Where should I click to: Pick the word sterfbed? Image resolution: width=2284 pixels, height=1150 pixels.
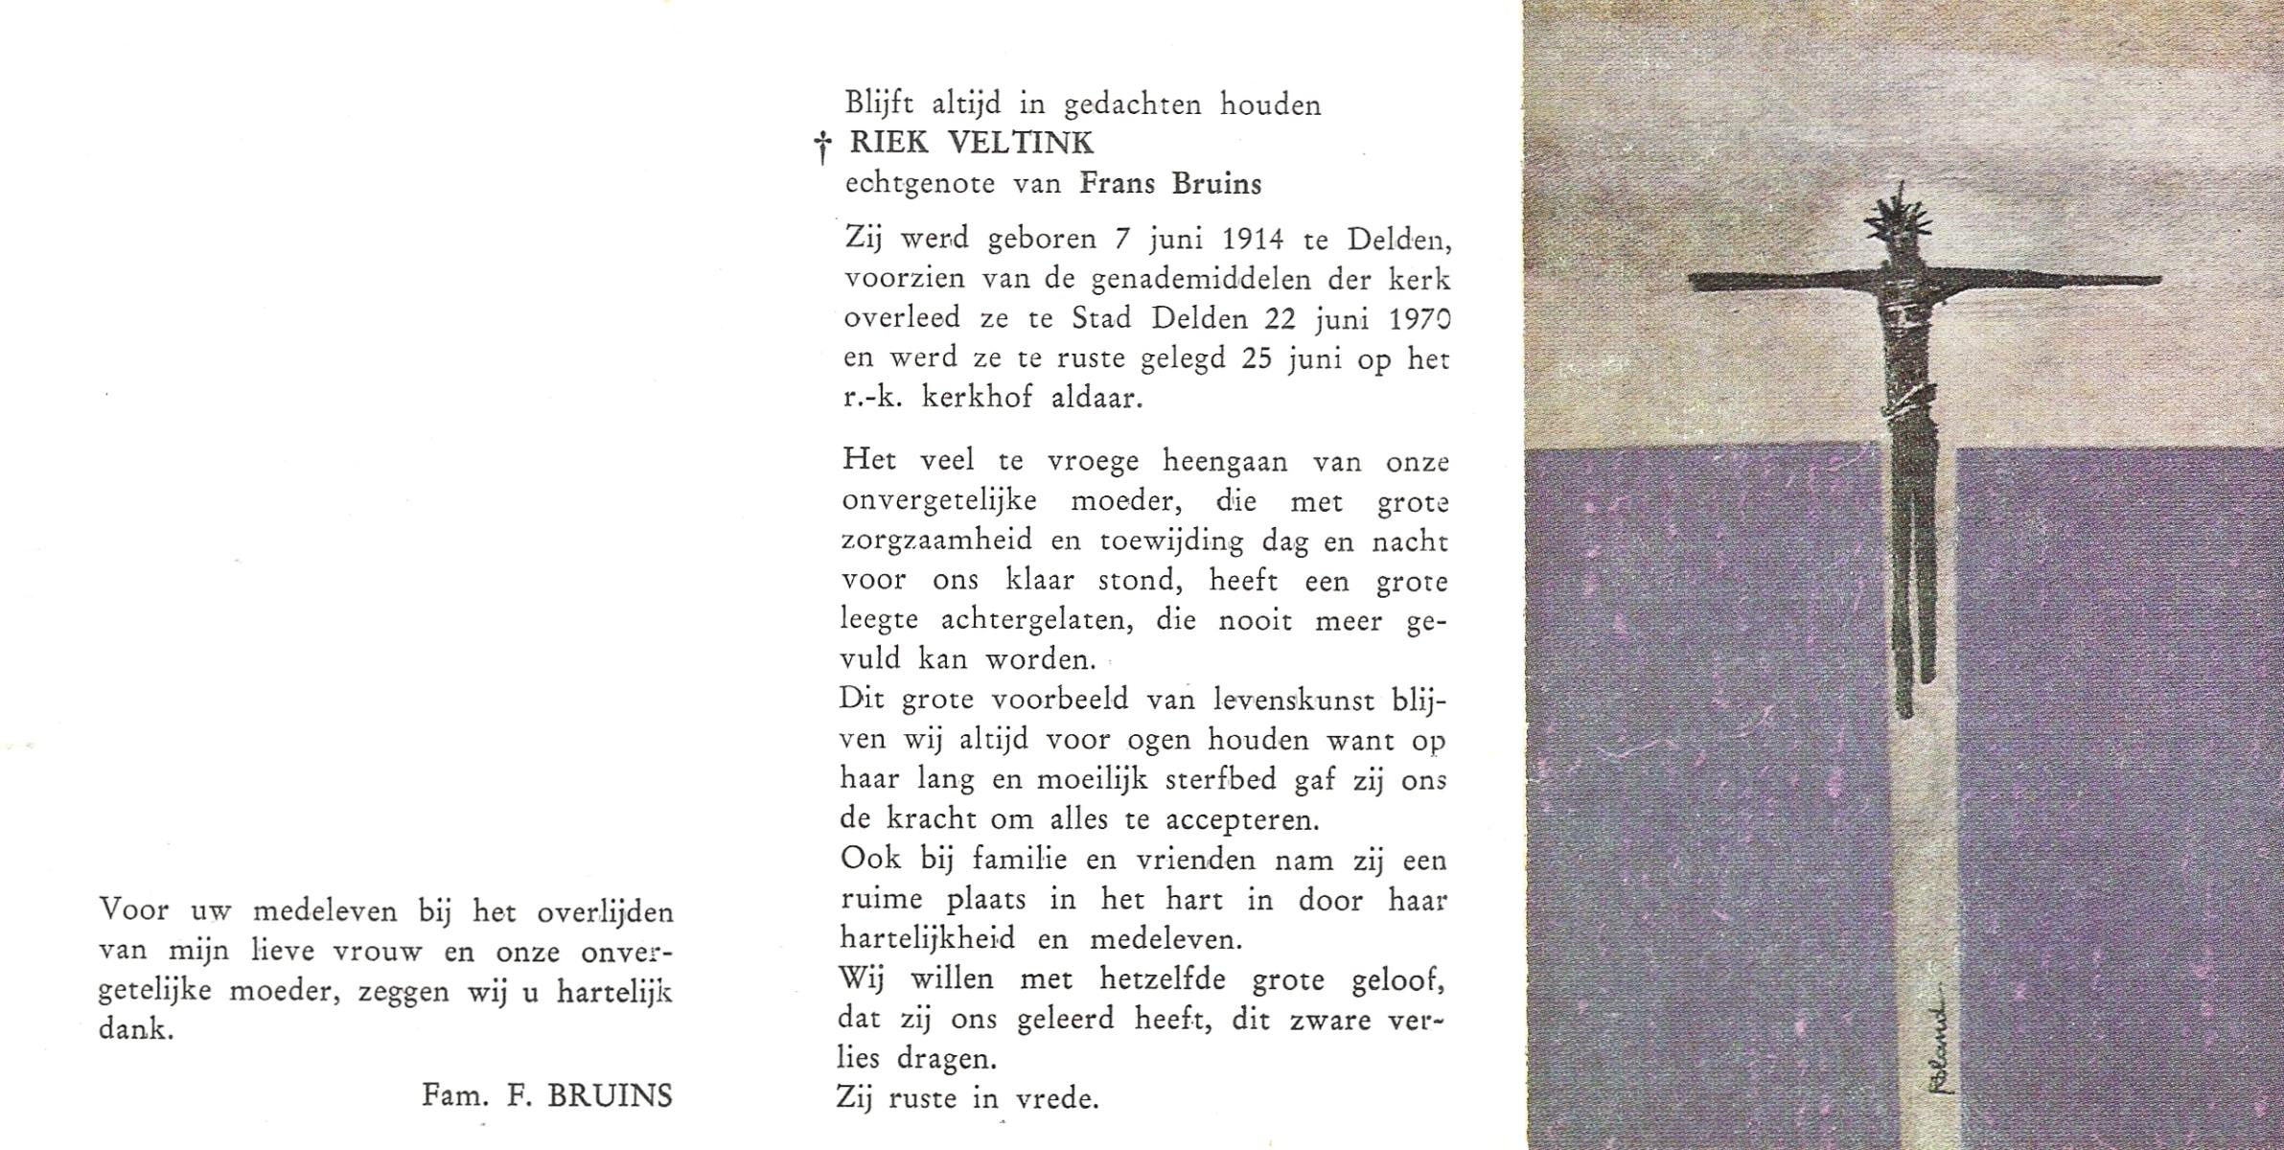pos(1221,780)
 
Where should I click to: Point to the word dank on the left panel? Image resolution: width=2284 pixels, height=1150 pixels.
pos(136,1033)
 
